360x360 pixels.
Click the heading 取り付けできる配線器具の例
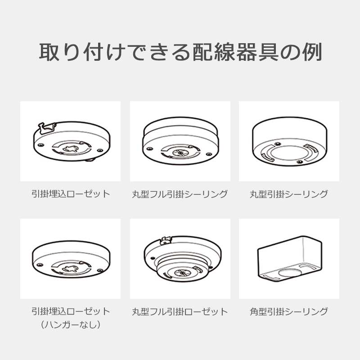(x=180, y=52)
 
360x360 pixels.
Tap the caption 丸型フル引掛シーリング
(x=180, y=194)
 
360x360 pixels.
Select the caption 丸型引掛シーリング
(x=289, y=194)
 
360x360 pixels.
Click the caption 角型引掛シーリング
(x=289, y=311)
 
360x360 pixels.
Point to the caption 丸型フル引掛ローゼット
(x=180, y=311)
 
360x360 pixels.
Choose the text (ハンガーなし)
(x=71, y=324)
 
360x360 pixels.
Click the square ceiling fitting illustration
(x=289, y=258)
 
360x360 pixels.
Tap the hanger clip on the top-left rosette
(x=47, y=129)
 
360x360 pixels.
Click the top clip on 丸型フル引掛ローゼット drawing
(x=166, y=240)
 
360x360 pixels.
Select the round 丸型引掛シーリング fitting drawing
(x=289, y=142)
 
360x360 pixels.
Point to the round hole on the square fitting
(x=290, y=272)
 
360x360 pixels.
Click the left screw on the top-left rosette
(x=41, y=145)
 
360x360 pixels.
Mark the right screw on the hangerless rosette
(x=100, y=270)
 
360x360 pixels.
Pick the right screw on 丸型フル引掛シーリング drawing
(x=209, y=154)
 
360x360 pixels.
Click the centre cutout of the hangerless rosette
(x=71, y=268)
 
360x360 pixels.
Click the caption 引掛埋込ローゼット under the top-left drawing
(x=71, y=194)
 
